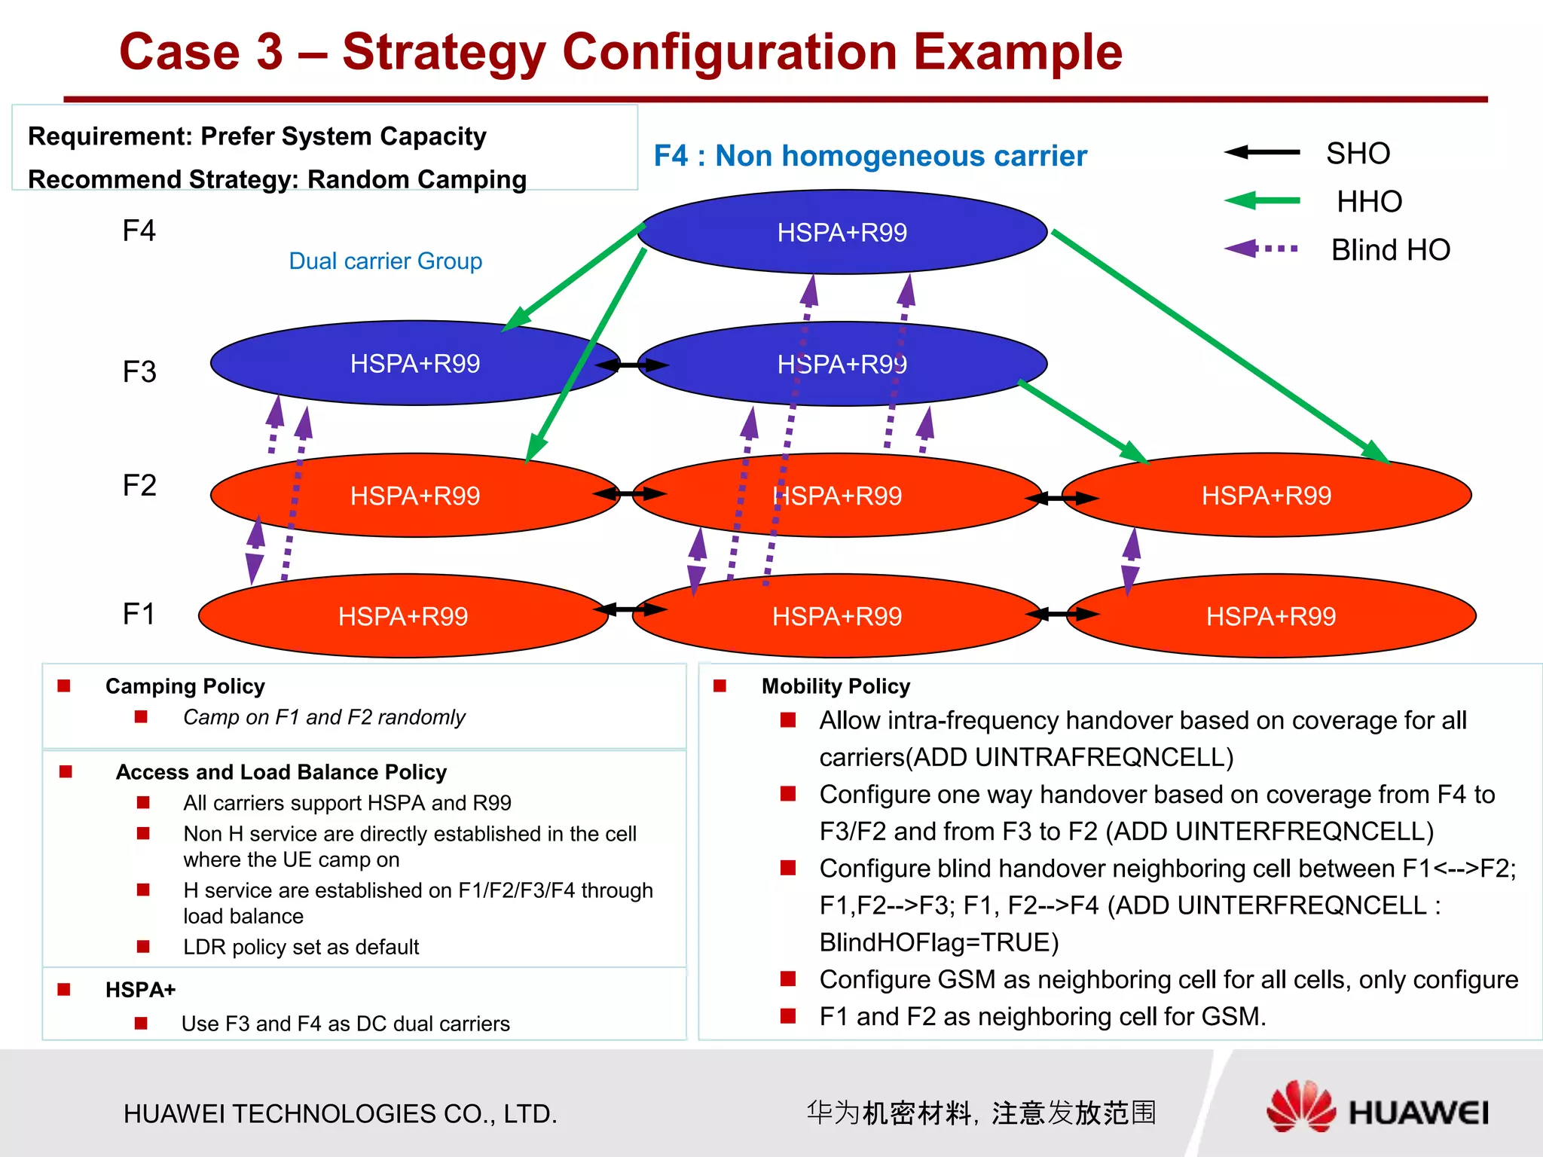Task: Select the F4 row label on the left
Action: click(x=139, y=230)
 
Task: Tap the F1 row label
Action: click(x=139, y=614)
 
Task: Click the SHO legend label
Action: click(x=1358, y=154)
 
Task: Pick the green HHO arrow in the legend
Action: click(x=1262, y=200)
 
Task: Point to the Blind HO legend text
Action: click(x=1390, y=250)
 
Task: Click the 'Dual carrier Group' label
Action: click(x=385, y=261)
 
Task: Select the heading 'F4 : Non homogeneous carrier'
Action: click(x=870, y=156)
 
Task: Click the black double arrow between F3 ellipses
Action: click(x=631, y=365)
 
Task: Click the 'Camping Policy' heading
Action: click(x=185, y=686)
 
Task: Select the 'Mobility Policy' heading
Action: click(x=836, y=686)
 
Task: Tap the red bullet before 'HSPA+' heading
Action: click(x=64, y=989)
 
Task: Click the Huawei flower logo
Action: click(x=1300, y=1107)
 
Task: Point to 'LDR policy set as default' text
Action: click(x=301, y=947)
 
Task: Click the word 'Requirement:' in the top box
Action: click(x=111, y=136)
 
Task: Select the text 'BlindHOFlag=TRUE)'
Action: click(x=939, y=942)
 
